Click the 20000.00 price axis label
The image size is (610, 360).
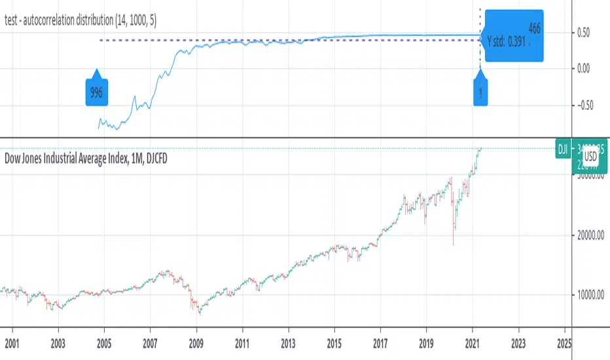click(591, 236)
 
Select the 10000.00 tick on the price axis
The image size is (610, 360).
click(591, 296)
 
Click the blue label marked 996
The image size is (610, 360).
click(96, 93)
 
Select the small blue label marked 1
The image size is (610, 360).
click(481, 93)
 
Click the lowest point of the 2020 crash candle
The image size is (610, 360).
click(454, 245)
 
